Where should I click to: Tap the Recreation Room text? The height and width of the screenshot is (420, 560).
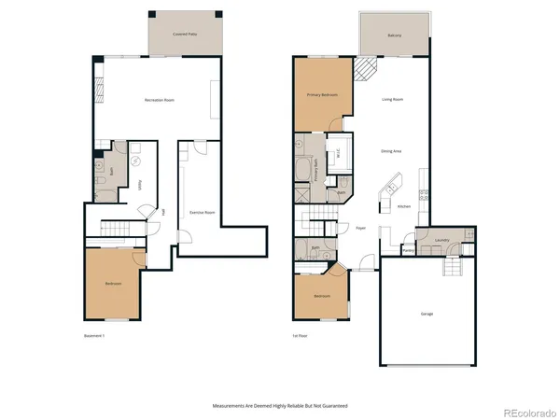point(160,100)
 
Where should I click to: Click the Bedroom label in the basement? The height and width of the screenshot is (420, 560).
point(113,283)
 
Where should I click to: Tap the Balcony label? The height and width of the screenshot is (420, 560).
point(394,35)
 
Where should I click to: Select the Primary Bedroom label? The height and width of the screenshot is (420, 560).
point(323,95)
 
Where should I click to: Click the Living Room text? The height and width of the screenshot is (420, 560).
point(391,99)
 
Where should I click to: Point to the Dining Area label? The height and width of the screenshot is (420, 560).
point(391,150)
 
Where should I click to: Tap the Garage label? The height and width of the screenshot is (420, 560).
point(426,314)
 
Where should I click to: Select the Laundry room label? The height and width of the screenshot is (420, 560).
point(441,239)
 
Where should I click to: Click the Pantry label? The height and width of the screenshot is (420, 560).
point(409,250)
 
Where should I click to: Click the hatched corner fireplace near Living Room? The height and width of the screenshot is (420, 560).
point(366,68)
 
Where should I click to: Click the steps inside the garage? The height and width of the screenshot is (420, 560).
point(452,269)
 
